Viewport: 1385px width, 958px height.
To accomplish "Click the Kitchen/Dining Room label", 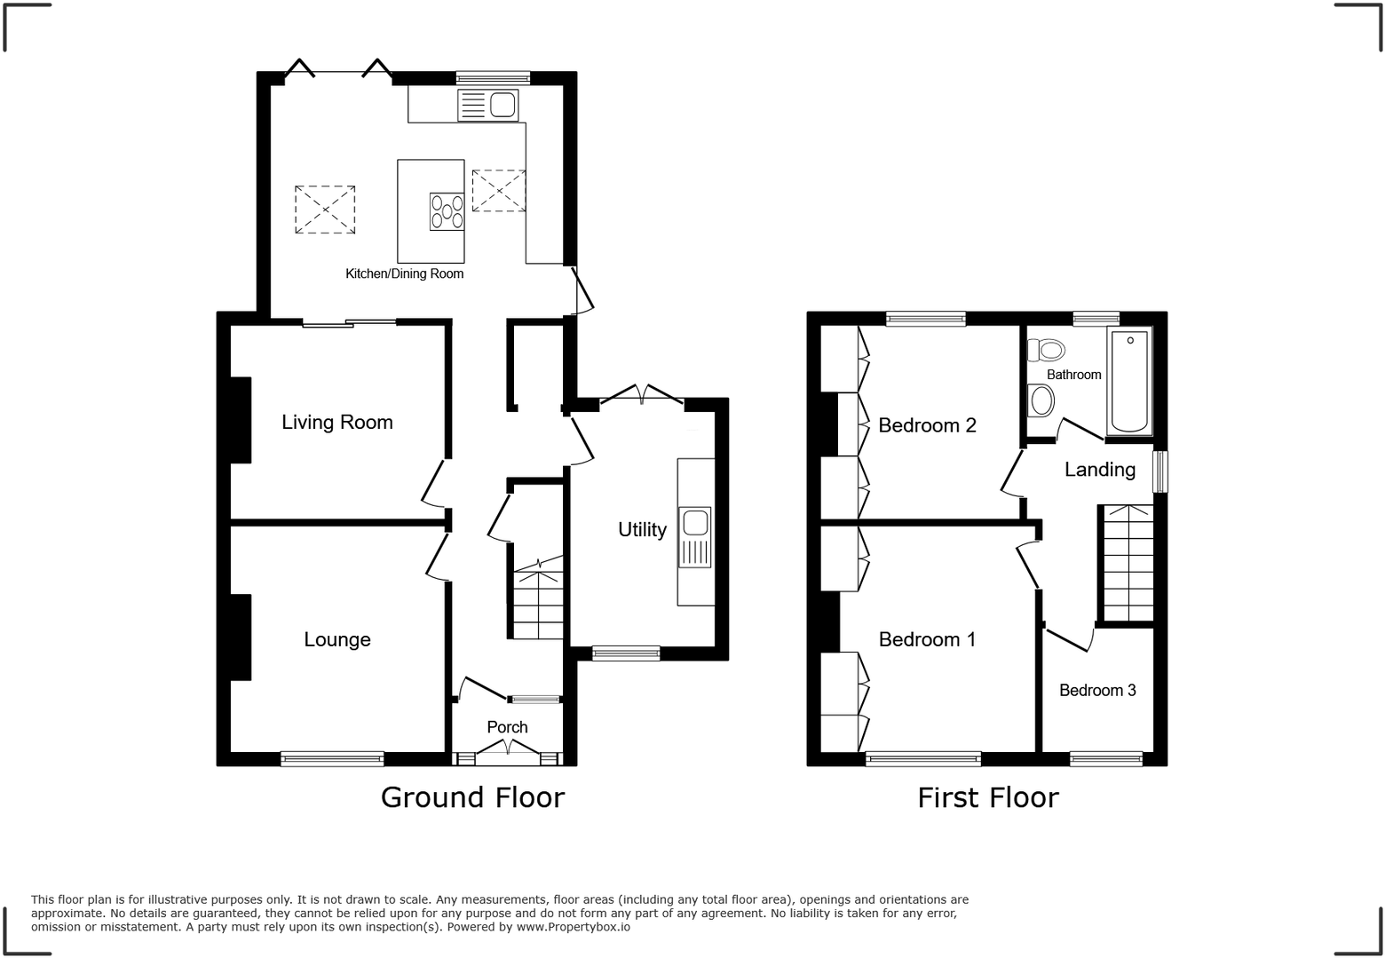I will pos(404,273).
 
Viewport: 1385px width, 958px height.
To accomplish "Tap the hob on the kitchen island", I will pos(447,211).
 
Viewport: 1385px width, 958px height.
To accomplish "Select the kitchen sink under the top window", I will pos(487,106).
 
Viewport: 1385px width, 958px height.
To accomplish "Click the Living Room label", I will pos(336,422).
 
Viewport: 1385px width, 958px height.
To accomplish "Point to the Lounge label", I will pos(336,639).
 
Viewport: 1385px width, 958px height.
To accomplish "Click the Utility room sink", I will pos(695,536).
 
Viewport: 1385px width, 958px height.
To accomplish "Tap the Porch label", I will pos(507,727).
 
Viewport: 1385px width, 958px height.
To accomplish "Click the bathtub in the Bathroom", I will pos(1128,380).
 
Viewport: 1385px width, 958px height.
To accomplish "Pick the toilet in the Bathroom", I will pos(1046,350).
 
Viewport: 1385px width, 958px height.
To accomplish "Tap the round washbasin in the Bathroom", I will pos(1041,400).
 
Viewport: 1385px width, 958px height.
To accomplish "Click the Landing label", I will pos(1099,470).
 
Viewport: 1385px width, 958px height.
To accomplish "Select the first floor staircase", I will pos(1128,563).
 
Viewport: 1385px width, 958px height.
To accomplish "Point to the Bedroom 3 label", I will pos(1096,690).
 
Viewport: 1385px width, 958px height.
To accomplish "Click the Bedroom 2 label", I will pos(926,425).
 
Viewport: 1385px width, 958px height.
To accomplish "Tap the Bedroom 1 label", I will pos(926,639).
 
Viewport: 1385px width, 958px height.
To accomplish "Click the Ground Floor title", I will pos(472,797).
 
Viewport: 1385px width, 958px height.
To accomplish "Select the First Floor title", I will pos(987,797).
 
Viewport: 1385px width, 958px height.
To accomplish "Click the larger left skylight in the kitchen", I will pos(325,210).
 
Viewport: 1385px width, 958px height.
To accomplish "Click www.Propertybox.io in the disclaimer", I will pos(573,927).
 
